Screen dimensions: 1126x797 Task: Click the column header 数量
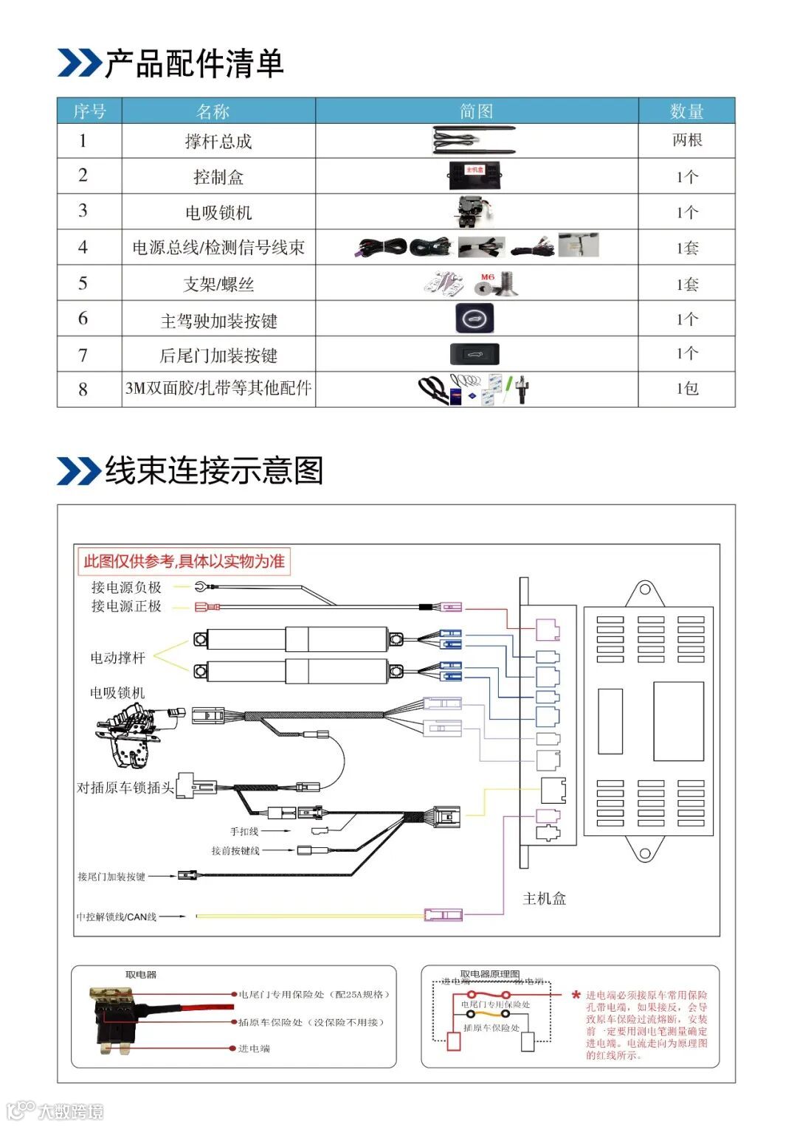(686, 111)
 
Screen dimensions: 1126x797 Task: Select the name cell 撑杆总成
(218, 142)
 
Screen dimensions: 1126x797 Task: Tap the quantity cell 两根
(686, 140)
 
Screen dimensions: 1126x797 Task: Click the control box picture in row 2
(475, 175)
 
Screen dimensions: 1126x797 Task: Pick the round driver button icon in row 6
(475, 319)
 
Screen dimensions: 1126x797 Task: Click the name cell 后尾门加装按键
(218, 355)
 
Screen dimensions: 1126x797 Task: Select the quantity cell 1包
(686, 388)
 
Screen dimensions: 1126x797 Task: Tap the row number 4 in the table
(83, 247)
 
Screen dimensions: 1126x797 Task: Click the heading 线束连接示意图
(214, 470)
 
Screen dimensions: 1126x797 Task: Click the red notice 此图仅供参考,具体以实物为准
(184, 561)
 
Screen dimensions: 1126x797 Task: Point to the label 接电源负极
(126, 587)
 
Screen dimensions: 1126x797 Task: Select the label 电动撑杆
(118, 657)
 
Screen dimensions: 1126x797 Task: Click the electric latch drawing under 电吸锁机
(137, 734)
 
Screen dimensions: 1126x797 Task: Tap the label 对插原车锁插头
(125, 788)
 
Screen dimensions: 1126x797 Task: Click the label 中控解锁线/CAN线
(117, 917)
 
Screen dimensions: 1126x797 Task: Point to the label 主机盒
(544, 898)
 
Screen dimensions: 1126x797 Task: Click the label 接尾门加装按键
(111, 876)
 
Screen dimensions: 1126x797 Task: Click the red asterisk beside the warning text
(576, 995)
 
